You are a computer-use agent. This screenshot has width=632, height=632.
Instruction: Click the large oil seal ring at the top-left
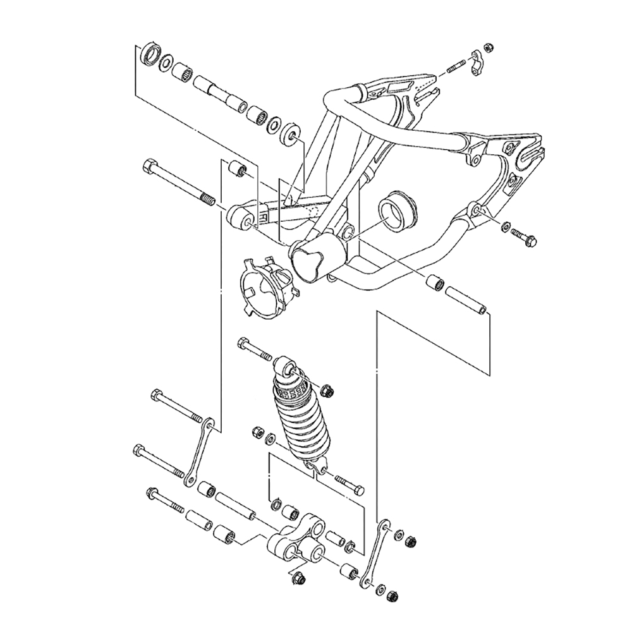(150, 55)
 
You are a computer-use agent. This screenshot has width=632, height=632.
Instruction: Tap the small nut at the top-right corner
(489, 47)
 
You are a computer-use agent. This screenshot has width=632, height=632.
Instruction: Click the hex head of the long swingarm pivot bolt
(149, 168)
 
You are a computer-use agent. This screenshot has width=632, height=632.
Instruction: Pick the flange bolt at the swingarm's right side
(524, 237)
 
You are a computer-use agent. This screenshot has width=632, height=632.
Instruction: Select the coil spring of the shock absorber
(304, 423)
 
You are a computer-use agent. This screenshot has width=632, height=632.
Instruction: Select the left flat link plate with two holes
(198, 453)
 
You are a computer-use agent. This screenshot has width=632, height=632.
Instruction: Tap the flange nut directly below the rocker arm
(298, 577)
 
